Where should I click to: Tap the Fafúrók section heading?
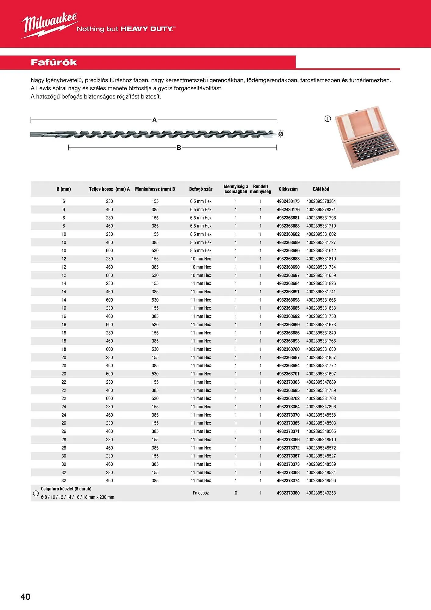54,63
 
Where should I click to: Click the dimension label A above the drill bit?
155,120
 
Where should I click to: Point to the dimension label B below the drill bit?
179,148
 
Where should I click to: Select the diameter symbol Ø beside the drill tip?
281,134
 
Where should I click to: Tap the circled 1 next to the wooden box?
328,119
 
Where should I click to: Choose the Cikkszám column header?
288,189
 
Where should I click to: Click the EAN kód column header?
321,189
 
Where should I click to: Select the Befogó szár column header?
201,189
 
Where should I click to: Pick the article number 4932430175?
288,202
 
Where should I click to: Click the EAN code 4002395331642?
321,251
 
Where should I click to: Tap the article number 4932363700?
288,349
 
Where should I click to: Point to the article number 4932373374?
288,481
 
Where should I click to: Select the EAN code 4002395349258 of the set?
321,493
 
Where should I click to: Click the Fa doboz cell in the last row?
201,493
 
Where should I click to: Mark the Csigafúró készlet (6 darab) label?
66,489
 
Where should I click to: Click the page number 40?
25,597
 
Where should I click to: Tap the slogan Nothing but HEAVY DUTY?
126,29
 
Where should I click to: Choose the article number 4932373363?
288,382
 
